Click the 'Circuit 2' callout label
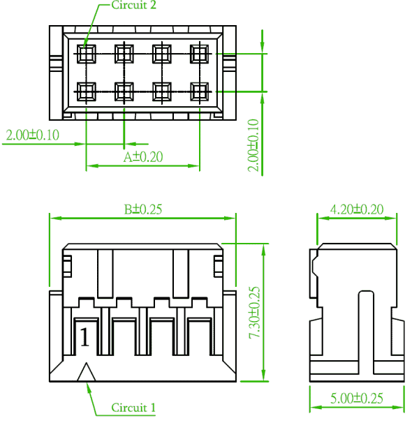tap(133, 5)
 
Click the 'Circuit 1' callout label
tap(133, 408)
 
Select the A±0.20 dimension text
tap(143, 157)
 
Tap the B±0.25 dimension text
tap(143, 209)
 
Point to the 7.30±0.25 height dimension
tap(254, 313)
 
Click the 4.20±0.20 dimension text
tap(357, 209)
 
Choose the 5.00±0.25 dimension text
tap(357, 398)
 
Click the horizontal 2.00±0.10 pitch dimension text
tap(32, 135)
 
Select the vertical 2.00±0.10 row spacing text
tap(253, 145)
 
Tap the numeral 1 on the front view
tap(84, 337)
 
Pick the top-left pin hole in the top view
tap(87, 54)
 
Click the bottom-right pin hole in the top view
tap(200, 91)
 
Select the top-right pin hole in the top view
tap(200, 54)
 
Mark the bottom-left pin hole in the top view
tap(87, 91)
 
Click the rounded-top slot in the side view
tap(366, 332)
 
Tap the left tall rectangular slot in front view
tap(105, 274)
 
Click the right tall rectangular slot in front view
tap(181, 274)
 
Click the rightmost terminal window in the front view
tap(200, 336)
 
